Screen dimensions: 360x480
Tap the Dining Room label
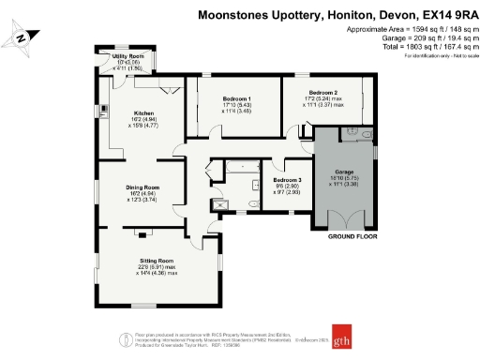143,187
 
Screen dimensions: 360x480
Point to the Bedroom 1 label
237,99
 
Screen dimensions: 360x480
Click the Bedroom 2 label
324,92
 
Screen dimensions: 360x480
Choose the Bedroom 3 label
288,179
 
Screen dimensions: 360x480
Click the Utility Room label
127,57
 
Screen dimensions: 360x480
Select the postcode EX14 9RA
443,15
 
